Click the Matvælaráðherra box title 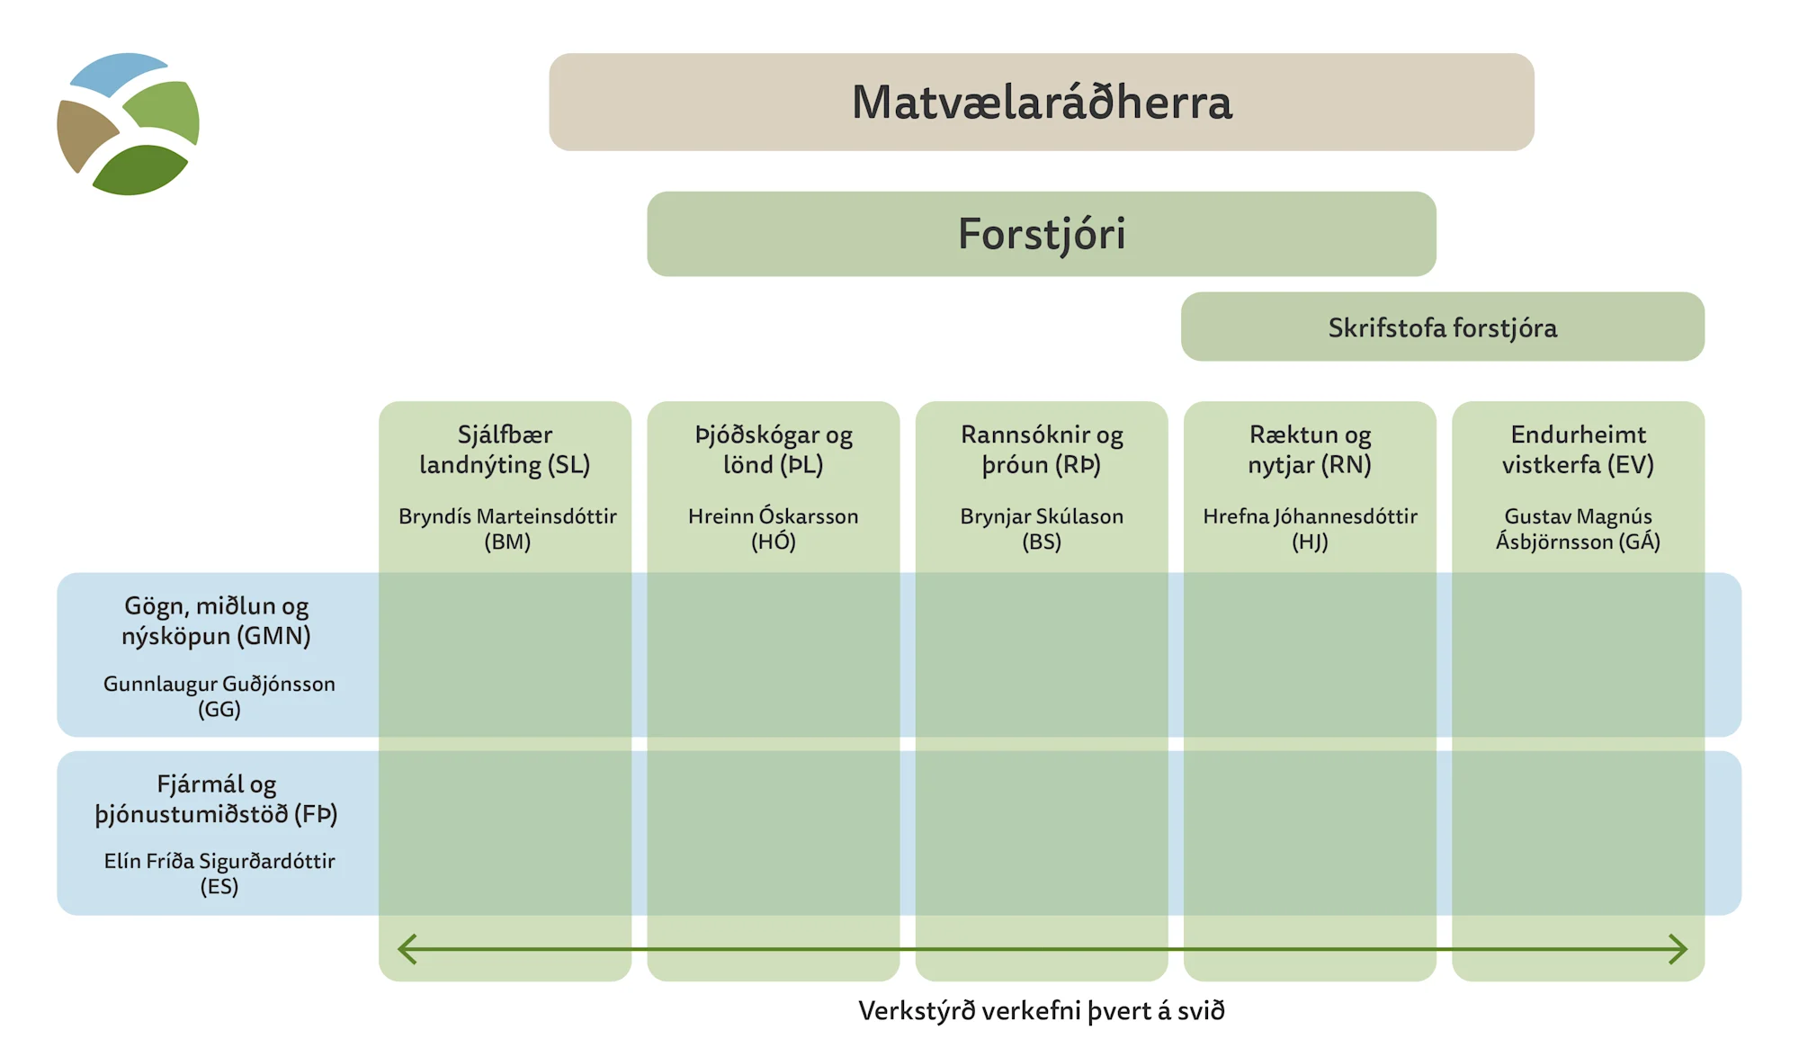(1042, 102)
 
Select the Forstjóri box (1042, 234)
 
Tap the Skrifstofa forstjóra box (1443, 327)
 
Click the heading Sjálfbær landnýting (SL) (505, 450)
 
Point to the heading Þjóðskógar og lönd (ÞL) (774, 450)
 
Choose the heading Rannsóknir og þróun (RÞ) (1042, 450)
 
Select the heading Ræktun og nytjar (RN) (1310, 450)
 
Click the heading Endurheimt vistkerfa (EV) (1579, 450)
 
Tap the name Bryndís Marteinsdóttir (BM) (507, 529)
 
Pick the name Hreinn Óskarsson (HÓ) (774, 529)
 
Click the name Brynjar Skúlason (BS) (1042, 529)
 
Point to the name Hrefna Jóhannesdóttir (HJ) (1310, 529)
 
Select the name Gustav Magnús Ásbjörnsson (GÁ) (1579, 529)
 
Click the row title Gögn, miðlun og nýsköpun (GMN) (217, 622)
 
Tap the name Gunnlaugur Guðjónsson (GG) (219, 696)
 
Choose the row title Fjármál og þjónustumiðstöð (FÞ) (217, 799)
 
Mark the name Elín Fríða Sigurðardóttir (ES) (219, 873)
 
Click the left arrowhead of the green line (399, 949)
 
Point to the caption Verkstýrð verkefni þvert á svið (1042, 1011)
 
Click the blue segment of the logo (118, 73)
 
